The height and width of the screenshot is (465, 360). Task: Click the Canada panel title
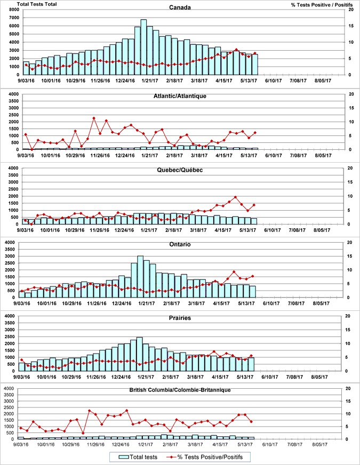180,7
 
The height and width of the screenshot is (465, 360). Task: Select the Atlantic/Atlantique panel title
180,96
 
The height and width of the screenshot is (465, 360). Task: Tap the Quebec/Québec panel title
180,170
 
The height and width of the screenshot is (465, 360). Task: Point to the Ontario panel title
180,244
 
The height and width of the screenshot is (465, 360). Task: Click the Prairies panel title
180,318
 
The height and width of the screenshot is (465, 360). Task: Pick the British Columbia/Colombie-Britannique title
180,390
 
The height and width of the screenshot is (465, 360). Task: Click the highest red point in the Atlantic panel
94,118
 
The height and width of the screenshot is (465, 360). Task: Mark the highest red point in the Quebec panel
235,197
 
